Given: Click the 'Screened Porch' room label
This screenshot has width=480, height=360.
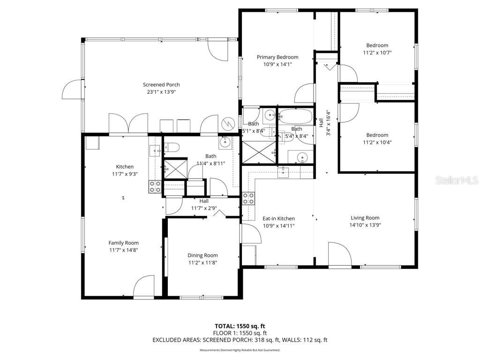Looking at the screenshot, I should [x=161, y=85].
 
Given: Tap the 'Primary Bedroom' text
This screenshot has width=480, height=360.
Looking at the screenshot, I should [x=277, y=57].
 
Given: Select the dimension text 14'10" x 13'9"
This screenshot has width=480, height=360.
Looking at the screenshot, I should [x=365, y=225].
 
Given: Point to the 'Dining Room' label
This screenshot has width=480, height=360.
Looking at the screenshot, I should [x=202, y=255].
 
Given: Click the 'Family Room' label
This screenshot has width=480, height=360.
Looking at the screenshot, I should [x=124, y=243].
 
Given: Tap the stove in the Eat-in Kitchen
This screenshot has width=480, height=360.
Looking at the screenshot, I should [x=248, y=198].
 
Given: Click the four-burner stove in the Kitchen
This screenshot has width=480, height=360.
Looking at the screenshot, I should [x=155, y=187].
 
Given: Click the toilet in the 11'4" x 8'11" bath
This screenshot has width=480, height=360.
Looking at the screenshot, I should [x=171, y=148].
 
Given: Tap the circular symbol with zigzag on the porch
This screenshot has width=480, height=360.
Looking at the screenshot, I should [x=228, y=123].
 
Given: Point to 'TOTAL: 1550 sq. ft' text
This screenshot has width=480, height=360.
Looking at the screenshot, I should [x=240, y=326].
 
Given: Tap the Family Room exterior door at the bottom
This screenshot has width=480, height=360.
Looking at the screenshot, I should [x=144, y=286].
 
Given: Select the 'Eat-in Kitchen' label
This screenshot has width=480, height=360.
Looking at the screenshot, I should [x=278, y=218].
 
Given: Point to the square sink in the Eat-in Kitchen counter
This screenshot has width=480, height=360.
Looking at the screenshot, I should [x=284, y=173].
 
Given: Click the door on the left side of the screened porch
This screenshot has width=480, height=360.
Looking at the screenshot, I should [x=73, y=89].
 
